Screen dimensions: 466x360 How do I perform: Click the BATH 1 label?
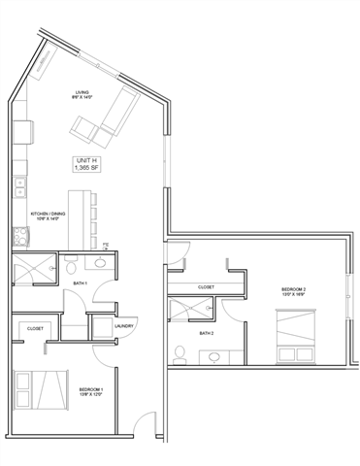point(82,283)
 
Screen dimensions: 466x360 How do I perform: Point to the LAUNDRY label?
point(122,325)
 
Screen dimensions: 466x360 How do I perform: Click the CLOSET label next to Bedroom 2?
point(206,287)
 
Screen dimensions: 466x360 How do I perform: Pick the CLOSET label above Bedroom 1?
point(35,328)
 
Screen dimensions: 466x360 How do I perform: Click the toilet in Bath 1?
point(101,262)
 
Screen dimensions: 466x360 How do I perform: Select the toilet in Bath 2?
point(180,349)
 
